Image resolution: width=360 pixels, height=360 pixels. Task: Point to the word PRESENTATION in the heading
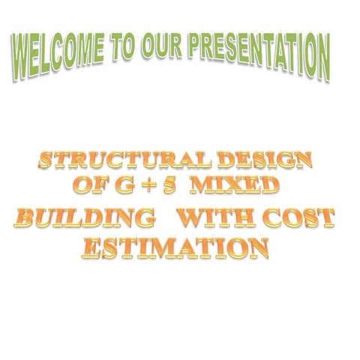tap(258, 52)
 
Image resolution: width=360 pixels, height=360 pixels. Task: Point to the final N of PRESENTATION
tap(322, 59)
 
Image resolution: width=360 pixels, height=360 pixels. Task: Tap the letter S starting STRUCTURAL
tap(46, 160)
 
